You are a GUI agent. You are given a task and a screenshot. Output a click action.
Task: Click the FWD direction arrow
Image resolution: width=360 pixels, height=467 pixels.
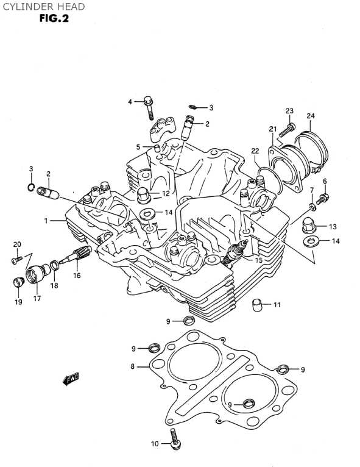coord(71,379)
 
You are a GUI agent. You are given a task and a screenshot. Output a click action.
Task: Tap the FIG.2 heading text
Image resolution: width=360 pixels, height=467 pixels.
coord(54,18)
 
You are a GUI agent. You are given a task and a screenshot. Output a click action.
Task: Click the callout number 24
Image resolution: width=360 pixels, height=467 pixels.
coord(311,116)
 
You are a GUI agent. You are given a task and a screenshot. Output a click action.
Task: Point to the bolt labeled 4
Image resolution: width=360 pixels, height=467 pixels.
coord(149,107)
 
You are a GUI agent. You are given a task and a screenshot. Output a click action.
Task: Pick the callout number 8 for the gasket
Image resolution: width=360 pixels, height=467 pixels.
coord(132,366)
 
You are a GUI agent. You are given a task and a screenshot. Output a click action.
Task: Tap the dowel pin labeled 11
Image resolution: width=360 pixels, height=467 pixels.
coord(257,304)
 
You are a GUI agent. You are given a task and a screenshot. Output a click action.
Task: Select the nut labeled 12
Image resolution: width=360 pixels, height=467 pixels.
coord(143,195)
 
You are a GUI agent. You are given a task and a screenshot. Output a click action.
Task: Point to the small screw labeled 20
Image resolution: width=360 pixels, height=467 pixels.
coord(16,260)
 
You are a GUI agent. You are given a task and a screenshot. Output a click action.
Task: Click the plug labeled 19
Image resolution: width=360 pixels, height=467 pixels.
coord(19,282)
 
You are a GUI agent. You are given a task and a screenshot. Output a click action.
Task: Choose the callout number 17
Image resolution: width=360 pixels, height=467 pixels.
coord(37,298)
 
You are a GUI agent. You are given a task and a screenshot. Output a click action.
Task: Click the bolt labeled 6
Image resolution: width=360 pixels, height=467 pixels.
coord(322,198)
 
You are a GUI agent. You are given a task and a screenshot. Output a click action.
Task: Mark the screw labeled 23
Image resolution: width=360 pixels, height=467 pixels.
coord(287,130)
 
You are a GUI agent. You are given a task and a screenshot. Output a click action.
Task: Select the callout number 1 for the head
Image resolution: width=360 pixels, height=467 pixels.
coord(46,221)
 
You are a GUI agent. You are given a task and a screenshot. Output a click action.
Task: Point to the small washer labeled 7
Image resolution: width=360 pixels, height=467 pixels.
coord(312,206)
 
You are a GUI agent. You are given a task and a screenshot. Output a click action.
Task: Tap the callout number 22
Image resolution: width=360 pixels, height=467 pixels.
coord(255,151)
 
